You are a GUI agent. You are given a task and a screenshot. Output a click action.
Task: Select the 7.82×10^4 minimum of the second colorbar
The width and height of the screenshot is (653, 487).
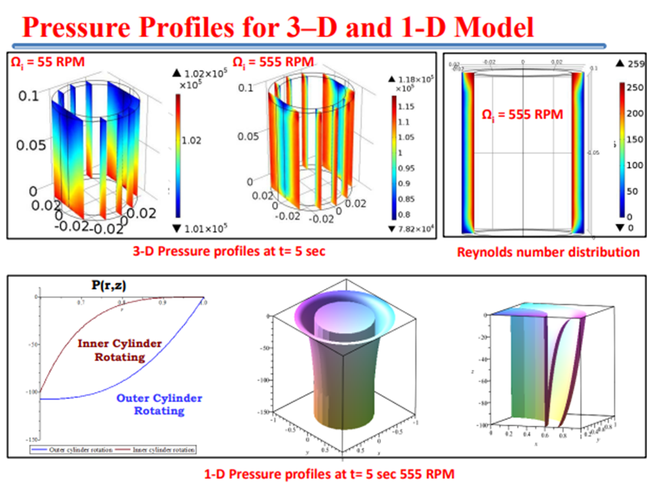pos(415,228)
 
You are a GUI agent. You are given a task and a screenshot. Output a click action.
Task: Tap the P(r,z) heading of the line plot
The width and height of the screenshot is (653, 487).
pos(109,286)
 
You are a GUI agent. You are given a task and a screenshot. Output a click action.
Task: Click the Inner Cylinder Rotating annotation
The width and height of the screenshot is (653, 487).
pos(120,350)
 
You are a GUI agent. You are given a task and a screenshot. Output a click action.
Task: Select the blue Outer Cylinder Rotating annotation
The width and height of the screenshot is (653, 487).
pos(159,403)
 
